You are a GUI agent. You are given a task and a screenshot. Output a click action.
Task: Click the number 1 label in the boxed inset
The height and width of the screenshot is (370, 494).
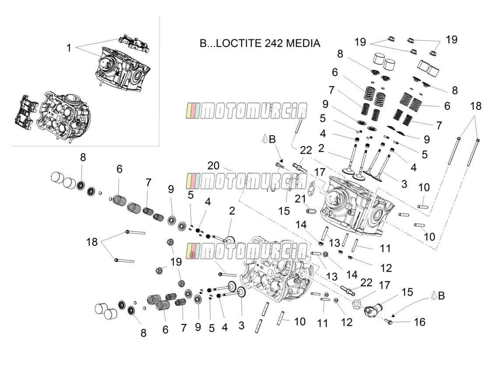(69, 48)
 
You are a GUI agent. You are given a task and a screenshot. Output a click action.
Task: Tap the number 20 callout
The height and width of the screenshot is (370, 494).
(213, 165)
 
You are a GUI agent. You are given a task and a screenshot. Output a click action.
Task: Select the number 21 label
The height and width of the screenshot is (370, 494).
(300, 199)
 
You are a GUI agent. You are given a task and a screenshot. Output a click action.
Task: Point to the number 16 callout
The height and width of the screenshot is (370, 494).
(420, 322)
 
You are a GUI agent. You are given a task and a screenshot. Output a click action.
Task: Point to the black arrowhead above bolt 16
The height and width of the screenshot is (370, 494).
(392, 315)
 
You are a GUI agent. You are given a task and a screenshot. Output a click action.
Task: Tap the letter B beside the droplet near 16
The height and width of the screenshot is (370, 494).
(441, 296)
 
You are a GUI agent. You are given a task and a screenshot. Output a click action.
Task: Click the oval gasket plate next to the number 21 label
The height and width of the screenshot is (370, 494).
(311, 189)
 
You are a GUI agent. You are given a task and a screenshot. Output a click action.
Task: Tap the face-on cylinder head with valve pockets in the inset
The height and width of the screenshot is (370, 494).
(64, 115)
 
